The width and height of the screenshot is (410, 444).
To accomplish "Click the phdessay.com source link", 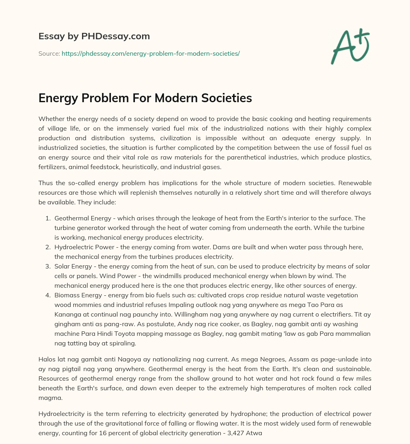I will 151,53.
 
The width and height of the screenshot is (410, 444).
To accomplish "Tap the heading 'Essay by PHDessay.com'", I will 94,36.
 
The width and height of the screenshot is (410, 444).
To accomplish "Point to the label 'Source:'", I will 49,53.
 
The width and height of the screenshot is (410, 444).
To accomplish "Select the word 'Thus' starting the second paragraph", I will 45,184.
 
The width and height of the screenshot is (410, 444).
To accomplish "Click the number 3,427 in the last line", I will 244,434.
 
